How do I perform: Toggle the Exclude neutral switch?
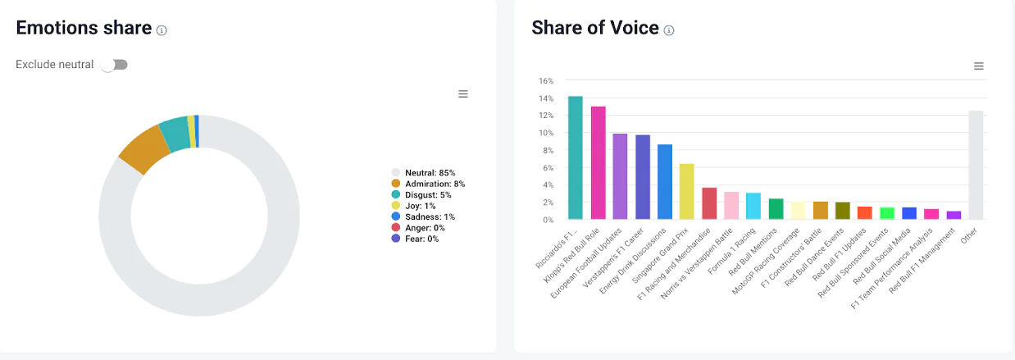(x=115, y=65)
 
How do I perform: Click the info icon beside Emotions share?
(x=162, y=30)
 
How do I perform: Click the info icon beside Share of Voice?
(x=669, y=30)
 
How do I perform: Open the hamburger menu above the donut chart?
(x=463, y=94)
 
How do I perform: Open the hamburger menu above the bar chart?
(x=978, y=66)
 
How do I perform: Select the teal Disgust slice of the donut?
(x=174, y=134)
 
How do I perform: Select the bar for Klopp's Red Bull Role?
(x=598, y=163)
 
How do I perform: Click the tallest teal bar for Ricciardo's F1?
(x=576, y=158)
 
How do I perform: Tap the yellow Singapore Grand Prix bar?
(x=687, y=192)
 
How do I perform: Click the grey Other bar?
(x=976, y=165)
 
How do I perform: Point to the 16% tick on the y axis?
(x=546, y=81)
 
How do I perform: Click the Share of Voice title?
(x=595, y=28)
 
